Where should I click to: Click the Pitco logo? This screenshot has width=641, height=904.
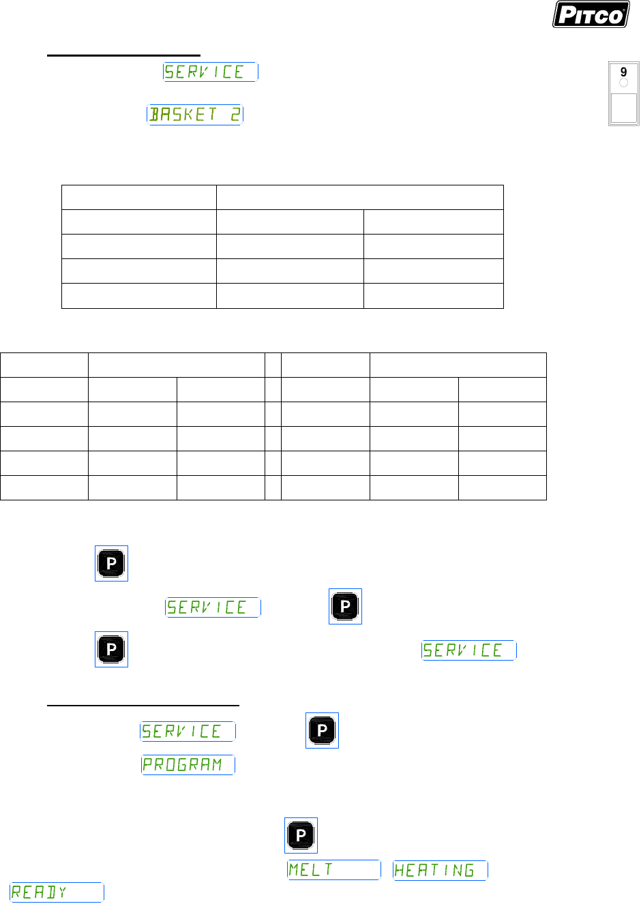pyautogui.click(x=591, y=15)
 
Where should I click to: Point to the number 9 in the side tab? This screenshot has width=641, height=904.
pyautogui.click(x=623, y=72)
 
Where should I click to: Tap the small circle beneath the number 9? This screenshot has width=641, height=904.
pyautogui.click(x=623, y=83)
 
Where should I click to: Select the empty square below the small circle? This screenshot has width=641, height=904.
pyautogui.click(x=623, y=108)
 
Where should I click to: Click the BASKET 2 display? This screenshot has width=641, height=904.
pyautogui.click(x=195, y=115)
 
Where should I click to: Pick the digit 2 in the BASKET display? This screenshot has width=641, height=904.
pyautogui.click(x=235, y=115)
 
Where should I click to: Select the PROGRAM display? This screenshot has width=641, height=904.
pyautogui.click(x=188, y=765)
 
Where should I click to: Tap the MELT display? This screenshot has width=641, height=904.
pyautogui.click(x=333, y=870)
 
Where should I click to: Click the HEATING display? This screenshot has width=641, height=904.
pyautogui.click(x=440, y=871)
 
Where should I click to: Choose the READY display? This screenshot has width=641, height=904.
pyautogui.click(x=57, y=892)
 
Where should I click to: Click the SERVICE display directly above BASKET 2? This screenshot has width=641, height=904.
pyautogui.click(x=210, y=72)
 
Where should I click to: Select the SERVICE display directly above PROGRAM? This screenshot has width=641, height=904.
pyautogui.click(x=188, y=732)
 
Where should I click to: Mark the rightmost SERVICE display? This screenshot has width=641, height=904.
pyautogui.click(x=468, y=650)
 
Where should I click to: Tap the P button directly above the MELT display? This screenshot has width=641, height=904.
pyautogui.click(x=301, y=835)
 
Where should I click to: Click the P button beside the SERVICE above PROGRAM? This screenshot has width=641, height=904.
pyautogui.click(x=322, y=731)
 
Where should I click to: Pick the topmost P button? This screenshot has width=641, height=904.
pyautogui.click(x=111, y=564)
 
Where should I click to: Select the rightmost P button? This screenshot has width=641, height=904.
pyautogui.click(x=345, y=606)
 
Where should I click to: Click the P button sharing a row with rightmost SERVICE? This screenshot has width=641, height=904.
pyautogui.click(x=111, y=649)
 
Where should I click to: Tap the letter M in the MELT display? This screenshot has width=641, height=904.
pyautogui.click(x=294, y=870)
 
